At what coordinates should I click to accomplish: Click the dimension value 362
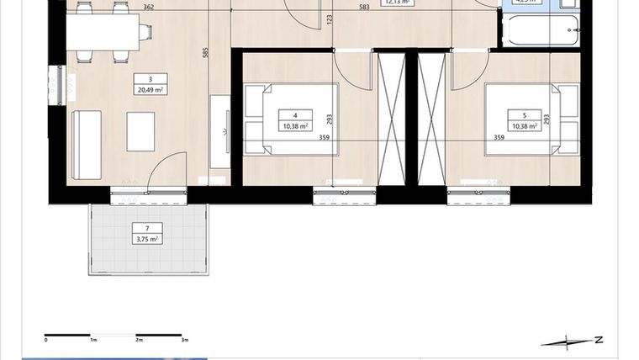point(148,8)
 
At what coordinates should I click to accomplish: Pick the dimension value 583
point(363,8)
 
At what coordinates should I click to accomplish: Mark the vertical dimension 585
point(204,52)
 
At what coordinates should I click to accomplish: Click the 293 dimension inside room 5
point(546,119)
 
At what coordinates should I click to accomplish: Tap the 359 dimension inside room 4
point(324,138)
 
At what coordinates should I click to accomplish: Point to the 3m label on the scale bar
point(184,341)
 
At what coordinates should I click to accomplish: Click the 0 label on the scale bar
point(46,341)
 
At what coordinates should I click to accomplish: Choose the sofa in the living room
point(87,145)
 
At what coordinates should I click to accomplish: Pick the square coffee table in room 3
point(140,131)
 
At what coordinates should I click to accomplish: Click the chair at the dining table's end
point(145,32)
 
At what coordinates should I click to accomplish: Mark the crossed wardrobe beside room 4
point(390,117)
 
